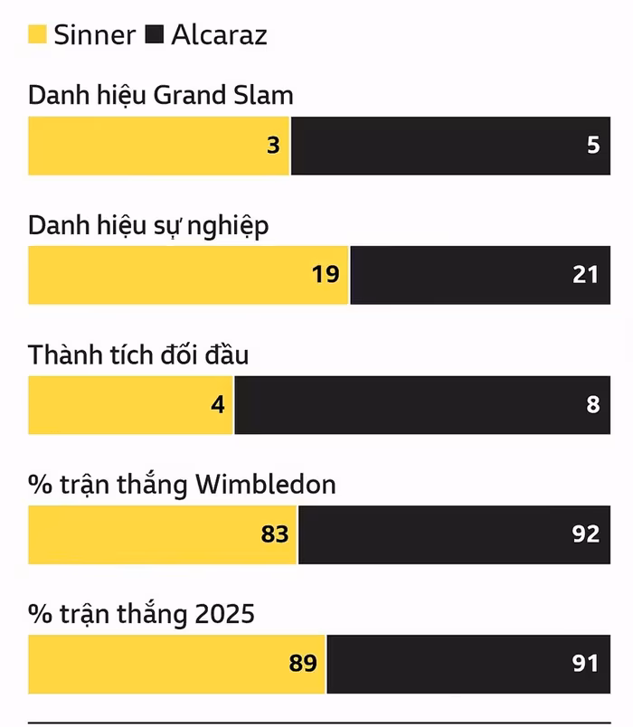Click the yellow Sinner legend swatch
click(x=37, y=35)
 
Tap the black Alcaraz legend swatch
click(x=154, y=35)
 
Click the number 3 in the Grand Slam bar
click(x=273, y=145)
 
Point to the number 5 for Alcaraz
click(x=593, y=145)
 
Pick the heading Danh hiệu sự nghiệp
click(x=148, y=225)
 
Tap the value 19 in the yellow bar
click(x=326, y=274)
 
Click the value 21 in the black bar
click(x=585, y=274)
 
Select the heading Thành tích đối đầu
click(x=138, y=354)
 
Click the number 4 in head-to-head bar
click(x=217, y=404)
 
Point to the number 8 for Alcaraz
click(x=593, y=404)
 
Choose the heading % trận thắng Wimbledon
click(x=182, y=485)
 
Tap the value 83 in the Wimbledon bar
click(x=275, y=533)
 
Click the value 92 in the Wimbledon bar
click(x=585, y=533)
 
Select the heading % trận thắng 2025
click(x=141, y=615)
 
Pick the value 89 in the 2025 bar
click(x=303, y=664)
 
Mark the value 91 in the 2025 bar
click(x=585, y=664)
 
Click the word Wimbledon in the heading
click(x=266, y=485)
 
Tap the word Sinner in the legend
click(x=94, y=35)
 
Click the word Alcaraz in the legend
click(x=219, y=35)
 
